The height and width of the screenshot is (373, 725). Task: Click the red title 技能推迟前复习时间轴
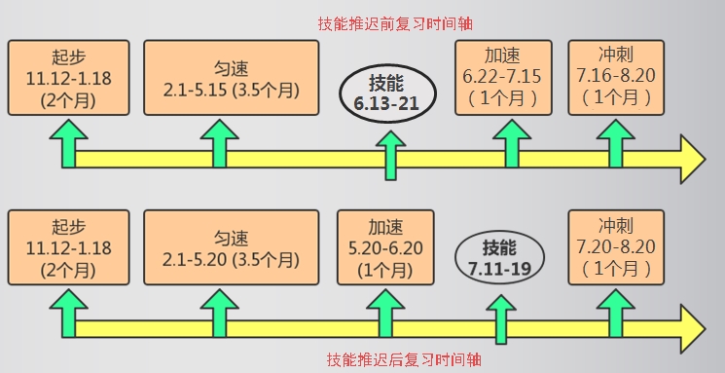(x=403, y=21)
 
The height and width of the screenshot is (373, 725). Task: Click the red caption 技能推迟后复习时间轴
(x=403, y=359)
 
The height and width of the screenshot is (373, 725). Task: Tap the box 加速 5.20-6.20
(x=387, y=248)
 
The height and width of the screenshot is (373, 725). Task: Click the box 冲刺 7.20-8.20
(x=615, y=248)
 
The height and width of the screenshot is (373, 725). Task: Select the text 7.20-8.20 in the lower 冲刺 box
(x=615, y=248)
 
